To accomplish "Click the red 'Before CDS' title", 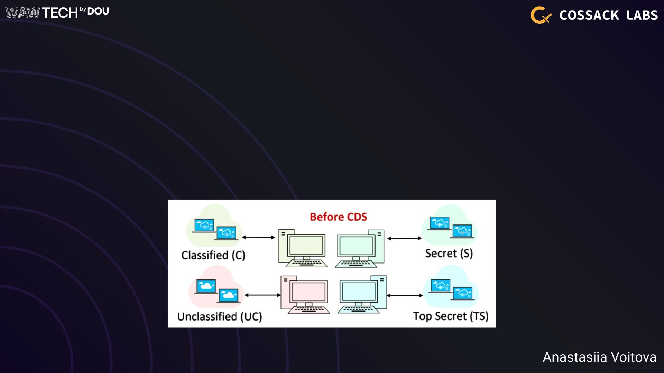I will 338,217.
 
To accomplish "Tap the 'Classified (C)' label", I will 213,255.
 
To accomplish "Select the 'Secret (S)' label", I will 449,254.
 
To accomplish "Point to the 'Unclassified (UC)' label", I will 220,316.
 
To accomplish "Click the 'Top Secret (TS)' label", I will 451,316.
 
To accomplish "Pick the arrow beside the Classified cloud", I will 258,237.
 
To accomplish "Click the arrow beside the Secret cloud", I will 404,238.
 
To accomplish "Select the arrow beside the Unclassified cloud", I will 262,295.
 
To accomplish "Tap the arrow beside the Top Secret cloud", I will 405,295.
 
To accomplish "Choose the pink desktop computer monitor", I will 308,292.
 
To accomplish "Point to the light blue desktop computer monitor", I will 359,291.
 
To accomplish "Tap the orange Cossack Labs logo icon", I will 540,15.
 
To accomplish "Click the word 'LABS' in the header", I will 642,15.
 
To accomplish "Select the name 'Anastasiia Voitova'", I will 599,357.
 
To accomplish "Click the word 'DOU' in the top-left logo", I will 98,11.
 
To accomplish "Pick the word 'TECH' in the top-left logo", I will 60,13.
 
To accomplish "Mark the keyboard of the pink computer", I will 309,309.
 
